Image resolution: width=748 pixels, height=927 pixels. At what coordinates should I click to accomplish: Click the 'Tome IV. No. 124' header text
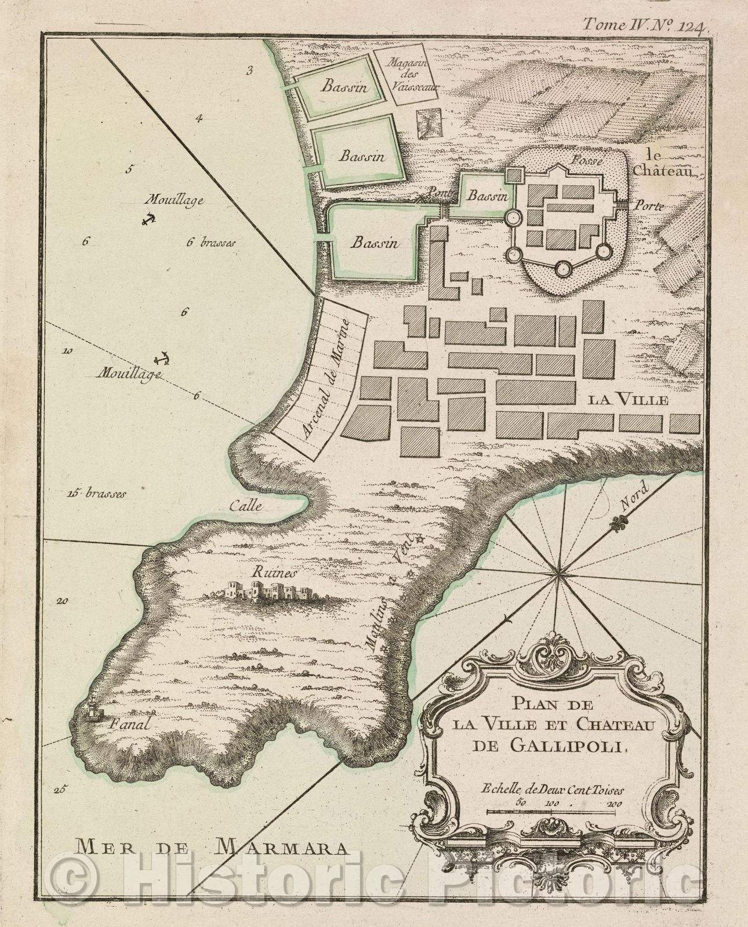[644, 24]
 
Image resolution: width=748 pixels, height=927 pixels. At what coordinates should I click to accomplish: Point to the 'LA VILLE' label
[629, 400]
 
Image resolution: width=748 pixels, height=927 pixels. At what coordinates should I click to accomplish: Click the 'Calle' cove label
[246, 505]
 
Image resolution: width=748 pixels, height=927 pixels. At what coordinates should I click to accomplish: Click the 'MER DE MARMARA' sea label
[212, 848]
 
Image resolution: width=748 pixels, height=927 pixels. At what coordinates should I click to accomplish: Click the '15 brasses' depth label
[96, 494]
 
